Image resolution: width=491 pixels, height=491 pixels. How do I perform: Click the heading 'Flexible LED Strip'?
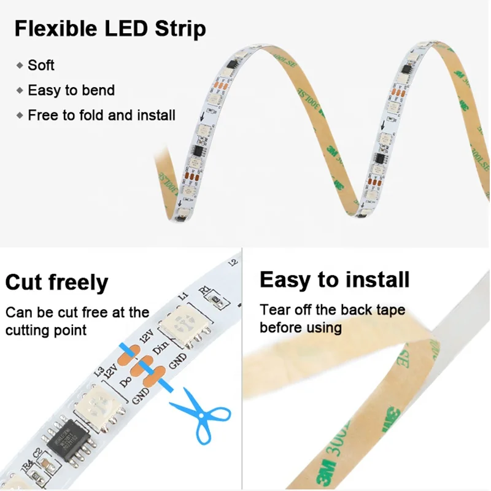[110, 29]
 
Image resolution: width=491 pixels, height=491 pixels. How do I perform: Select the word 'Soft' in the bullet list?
[41, 65]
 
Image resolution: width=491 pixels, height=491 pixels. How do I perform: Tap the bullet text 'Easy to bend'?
[71, 90]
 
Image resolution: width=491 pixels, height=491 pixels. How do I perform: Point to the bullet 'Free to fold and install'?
[101, 115]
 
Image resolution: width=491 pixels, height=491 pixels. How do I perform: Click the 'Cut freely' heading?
[56, 283]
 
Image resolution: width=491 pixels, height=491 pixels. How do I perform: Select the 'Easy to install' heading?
[334, 280]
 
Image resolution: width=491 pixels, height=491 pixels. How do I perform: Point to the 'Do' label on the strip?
[125, 380]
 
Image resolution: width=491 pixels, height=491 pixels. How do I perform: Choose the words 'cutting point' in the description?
[46, 330]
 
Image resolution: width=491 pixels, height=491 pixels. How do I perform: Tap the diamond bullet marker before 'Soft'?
[20, 65]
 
